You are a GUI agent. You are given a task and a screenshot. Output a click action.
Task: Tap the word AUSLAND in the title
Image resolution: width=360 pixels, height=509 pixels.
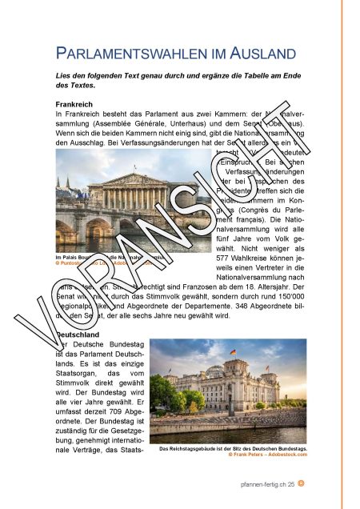click(x=254, y=55)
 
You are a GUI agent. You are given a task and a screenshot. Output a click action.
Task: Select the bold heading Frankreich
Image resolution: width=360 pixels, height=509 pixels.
click(x=76, y=105)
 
